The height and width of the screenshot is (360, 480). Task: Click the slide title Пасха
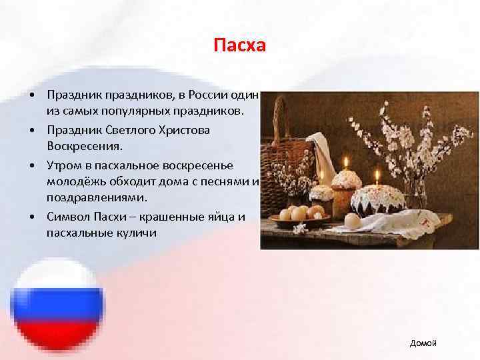tap(239, 46)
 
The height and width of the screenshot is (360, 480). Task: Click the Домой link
tap(423, 343)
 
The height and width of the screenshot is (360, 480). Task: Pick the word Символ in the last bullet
tap(67, 217)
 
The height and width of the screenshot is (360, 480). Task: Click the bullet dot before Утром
tap(32, 164)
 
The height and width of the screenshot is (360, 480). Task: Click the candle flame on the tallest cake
tap(346, 161)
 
